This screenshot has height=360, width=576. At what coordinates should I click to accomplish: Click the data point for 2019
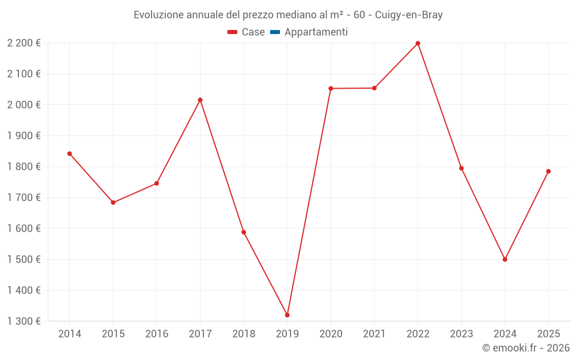point(287,315)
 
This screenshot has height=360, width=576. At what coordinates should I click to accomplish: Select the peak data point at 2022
point(418,43)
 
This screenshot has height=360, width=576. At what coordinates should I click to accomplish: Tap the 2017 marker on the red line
point(200,100)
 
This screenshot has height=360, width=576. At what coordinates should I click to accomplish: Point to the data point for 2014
point(69,154)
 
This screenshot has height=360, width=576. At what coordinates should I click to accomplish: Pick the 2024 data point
point(505,259)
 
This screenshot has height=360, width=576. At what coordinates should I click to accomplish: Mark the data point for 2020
point(331,88)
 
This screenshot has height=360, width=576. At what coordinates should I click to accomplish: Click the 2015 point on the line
point(113,203)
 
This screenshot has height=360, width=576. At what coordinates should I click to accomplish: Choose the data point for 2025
point(548,171)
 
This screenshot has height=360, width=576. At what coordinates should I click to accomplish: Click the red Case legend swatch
point(233,32)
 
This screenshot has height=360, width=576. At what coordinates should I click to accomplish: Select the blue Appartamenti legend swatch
point(275,32)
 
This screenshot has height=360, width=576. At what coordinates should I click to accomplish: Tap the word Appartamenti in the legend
point(316,32)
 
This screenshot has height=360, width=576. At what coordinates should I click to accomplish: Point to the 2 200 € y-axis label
point(24,43)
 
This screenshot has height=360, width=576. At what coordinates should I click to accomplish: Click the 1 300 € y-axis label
point(24,321)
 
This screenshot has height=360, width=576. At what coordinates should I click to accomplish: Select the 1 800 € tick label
point(24,166)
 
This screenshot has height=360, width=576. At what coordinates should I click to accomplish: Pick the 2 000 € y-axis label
point(24,105)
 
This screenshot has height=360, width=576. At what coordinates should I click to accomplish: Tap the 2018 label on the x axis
point(244,334)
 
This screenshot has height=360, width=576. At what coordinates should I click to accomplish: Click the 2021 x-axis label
point(374,334)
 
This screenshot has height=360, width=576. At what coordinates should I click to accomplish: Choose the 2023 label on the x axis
point(461,334)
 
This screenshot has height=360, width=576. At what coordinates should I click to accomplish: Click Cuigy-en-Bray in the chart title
point(408,15)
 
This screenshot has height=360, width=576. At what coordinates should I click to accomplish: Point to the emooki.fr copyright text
point(525,348)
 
